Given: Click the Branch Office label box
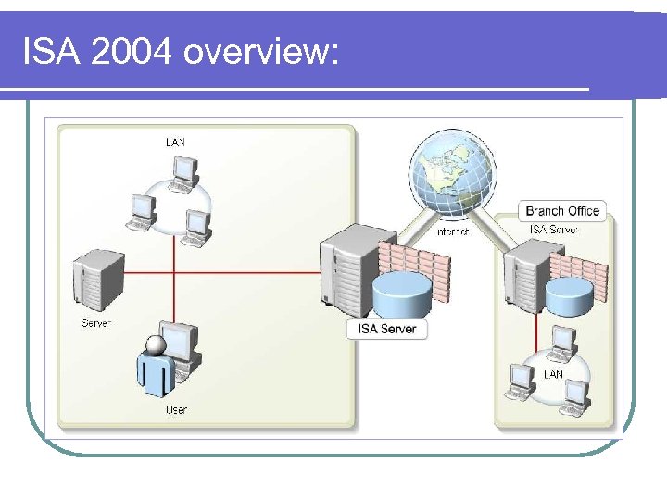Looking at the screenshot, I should (562, 211).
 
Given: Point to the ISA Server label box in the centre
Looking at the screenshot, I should (387, 328).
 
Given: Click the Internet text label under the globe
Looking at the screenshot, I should (453, 231).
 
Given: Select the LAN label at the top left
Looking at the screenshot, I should (175, 143).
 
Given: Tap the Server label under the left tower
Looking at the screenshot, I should (96, 323).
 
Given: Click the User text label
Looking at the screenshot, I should (176, 409).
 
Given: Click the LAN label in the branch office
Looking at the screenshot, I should (553, 374).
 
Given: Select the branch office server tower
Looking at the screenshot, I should (523, 273).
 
